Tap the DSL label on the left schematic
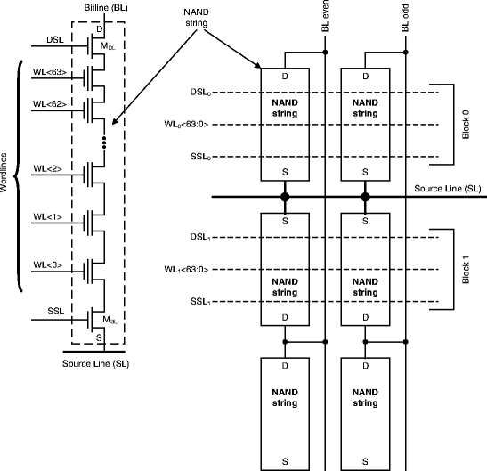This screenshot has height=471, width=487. pyautogui.click(x=54, y=39)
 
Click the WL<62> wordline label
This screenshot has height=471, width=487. pyautogui.click(x=51, y=103)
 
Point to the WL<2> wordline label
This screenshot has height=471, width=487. pyautogui.click(x=48, y=167)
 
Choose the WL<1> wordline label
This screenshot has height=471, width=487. pyautogui.click(x=48, y=216)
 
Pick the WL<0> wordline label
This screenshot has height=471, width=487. pyautogui.click(x=48, y=264)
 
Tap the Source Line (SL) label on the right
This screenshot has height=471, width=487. pyautogui.click(x=450, y=189)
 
